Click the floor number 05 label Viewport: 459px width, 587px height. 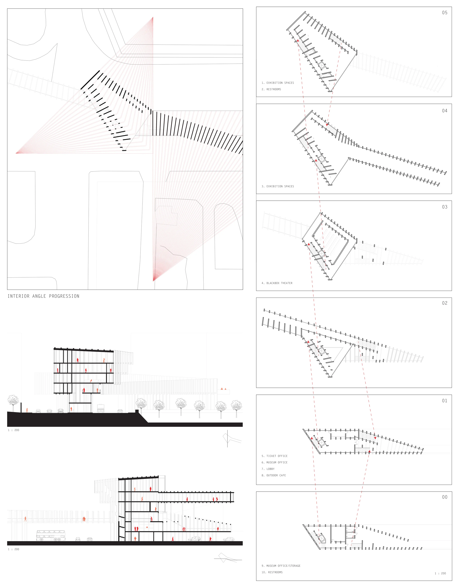click(444, 13)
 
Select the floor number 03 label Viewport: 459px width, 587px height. click(444, 207)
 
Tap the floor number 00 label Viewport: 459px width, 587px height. click(444, 497)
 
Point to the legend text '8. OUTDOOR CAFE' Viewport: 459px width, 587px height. click(274, 475)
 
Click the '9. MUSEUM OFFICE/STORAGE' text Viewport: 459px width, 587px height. click(281, 566)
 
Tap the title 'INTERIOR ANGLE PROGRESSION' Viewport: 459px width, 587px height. click(43, 296)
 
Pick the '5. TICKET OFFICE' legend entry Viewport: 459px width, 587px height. click(274, 456)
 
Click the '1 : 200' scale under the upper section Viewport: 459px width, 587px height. click(13, 430)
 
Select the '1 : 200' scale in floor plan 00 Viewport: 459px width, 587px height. click(440, 573)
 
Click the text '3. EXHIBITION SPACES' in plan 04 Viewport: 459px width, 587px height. click(278, 186)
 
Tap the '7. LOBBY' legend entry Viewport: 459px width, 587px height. click(268, 469)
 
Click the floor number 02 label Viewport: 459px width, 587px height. click(444, 303)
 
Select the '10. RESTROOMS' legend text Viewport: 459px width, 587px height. click(272, 572)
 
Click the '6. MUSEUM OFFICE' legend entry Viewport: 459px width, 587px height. click(274, 462)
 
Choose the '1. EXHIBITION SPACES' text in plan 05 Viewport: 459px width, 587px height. click(278, 83)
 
